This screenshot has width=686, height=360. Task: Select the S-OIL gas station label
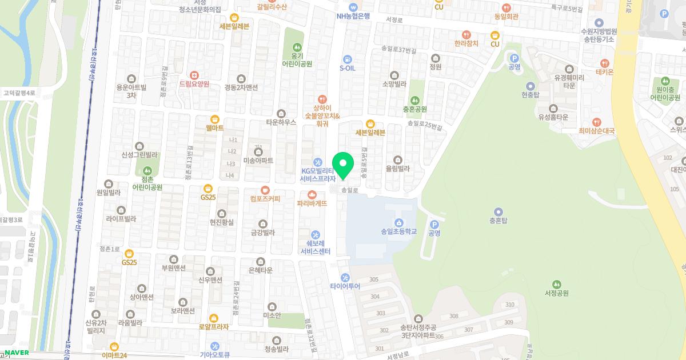click(348, 68)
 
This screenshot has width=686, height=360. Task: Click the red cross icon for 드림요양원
click(194, 75)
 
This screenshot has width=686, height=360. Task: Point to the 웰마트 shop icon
click(215, 119)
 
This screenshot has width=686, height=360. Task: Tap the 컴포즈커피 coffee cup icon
click(265, 190)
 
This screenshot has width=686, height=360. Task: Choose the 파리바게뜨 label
click(312, 203)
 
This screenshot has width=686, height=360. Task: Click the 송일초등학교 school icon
click(398, 222)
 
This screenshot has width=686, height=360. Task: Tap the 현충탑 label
click(531, 95)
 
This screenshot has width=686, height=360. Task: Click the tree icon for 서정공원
click(556, 284)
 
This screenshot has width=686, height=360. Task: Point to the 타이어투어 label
click(345, 286)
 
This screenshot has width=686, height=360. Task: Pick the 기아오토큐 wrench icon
click(215, 346)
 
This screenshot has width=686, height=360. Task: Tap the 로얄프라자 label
click(213, 327)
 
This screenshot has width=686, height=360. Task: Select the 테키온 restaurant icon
click(604, 63)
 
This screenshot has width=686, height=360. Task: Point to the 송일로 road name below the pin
click(349, 190)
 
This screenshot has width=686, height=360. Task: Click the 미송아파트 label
click(258, 161)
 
